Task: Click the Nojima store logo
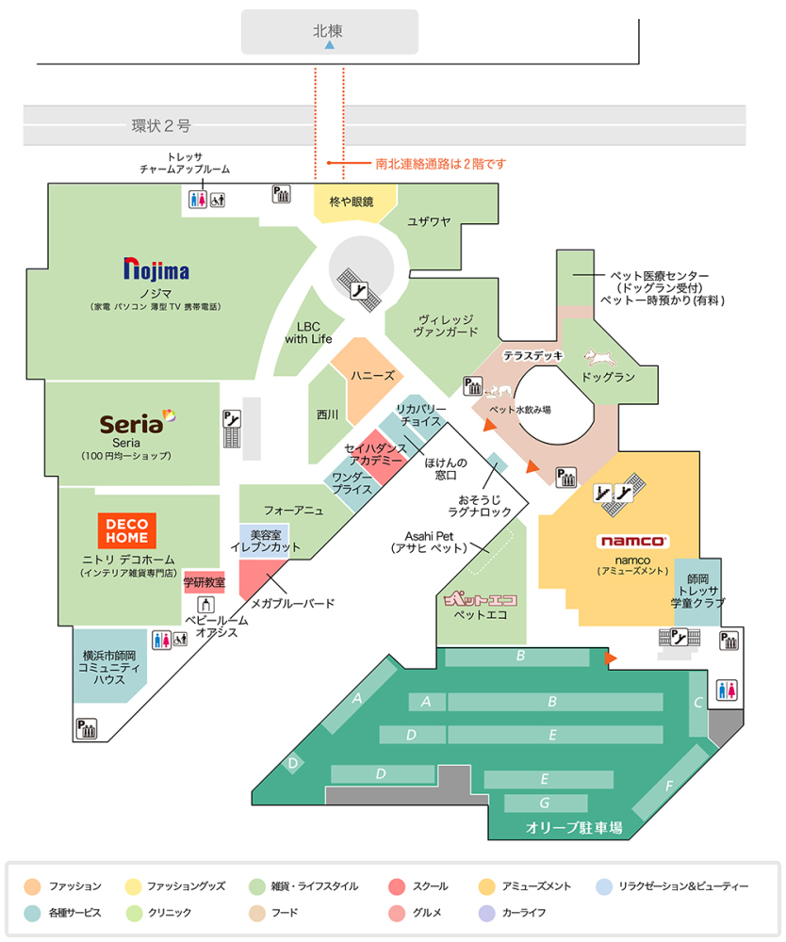tap(156, 271)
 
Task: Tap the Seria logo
tap(138, 423)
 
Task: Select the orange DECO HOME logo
tap(125, 530)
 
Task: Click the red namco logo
tap(633, 541)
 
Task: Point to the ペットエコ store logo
tap(481, 597)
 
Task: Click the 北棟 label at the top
tap(328, 31)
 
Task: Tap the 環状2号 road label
tap(161, 125)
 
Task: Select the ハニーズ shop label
tap(373, 375)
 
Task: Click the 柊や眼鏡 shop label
tap(352, 202)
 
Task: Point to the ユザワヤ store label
tap(429, 221)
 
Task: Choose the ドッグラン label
tap(607, 377)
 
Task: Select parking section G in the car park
tap(544, 804)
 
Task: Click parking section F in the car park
tap(670, 786)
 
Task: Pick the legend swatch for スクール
tap(396, 886)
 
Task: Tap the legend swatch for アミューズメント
tap(487, 886)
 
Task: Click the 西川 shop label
tap(327, 413)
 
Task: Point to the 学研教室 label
tap(205, 582)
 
